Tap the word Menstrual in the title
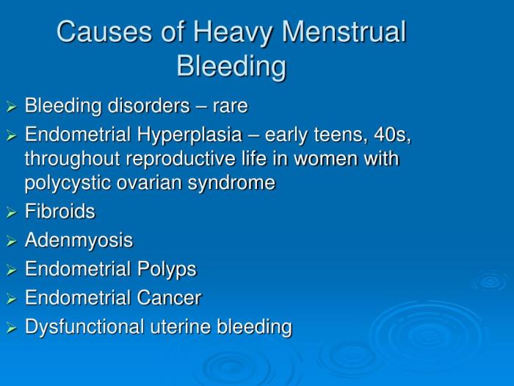pos(346,32)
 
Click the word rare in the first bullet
pos(230,107)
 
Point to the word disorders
pos(142,107)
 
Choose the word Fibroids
pos(60,212)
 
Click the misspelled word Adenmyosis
pos(79,240)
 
